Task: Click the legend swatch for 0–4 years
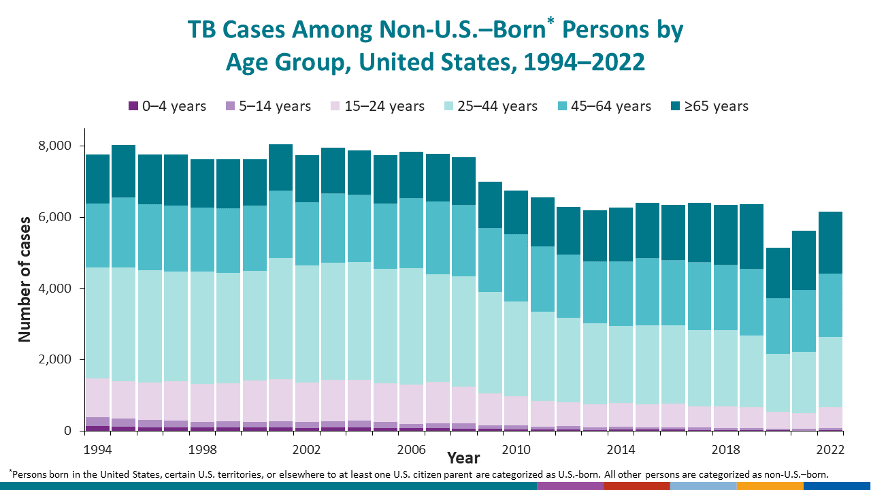point(133,106)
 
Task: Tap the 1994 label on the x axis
point(97,450)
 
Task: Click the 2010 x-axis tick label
point(516,450)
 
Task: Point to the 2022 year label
point(830,450)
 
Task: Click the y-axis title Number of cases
point(24,279)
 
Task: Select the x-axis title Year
point(463,458)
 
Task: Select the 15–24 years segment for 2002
point(307,402)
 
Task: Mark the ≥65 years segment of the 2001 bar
point(280,167)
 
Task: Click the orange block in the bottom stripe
point(770,486)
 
